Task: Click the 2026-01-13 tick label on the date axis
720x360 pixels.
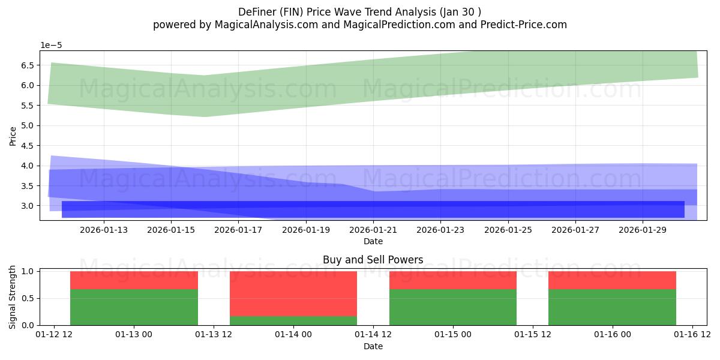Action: [x=104, y=230]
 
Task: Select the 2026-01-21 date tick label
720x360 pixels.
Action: [x=373, y=230]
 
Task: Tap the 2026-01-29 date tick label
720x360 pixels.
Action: [x=643, y=230]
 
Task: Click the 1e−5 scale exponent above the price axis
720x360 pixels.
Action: [x=51, y=46]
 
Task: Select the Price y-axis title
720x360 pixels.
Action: [x=13, y=136]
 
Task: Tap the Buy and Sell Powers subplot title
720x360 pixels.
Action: [x=373, y=260]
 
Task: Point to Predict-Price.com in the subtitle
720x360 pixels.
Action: [x=520, y=25]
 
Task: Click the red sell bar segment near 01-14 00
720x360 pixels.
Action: [x=293, y=293]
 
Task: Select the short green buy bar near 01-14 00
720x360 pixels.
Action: [x=293, y=320]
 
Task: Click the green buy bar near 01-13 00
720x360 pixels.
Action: [x=134, y=307]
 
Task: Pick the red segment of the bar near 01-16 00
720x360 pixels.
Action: [x=612, y=280]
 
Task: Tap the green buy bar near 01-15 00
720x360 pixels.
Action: [x=453, y=307]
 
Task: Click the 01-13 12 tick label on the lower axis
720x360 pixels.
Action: [x=214, y=334]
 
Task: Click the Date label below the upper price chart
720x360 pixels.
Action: [x=373, y=241]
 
